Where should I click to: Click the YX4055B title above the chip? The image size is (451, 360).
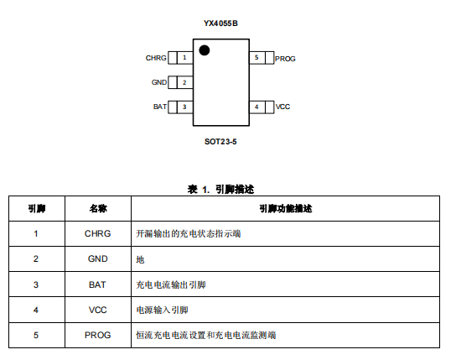point(220,23)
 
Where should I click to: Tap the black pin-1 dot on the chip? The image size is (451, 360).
point(205,50)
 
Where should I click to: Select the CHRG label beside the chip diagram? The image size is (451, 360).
point(156,58)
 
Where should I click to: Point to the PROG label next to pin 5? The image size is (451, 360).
point(285,59)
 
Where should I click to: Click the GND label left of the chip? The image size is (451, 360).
point(159,82)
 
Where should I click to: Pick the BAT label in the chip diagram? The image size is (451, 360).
point(160,107)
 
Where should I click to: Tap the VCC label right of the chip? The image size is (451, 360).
point(283,107)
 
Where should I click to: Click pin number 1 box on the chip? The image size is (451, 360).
point(184,58)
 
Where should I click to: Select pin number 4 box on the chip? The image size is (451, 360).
point(257,107)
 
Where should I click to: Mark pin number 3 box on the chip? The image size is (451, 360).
point(184,107)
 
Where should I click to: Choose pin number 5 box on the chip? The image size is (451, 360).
point(257,58)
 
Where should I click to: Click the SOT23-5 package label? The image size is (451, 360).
point(220,142)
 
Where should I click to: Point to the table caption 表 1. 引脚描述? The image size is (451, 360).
point(221,189)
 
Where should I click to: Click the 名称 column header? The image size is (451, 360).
point(98,208)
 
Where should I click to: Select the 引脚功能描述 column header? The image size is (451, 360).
point(286,208)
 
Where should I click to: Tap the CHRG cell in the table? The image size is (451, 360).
point(98,233)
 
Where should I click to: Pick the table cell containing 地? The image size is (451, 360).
point(285,259)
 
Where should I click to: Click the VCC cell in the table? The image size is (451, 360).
point(98,310)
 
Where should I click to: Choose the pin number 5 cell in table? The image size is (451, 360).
point(36,335)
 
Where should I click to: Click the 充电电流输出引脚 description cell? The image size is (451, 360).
point(285,284)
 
